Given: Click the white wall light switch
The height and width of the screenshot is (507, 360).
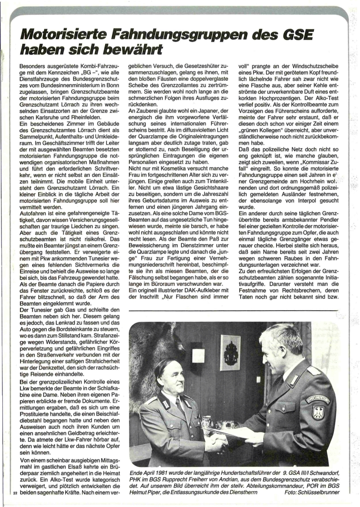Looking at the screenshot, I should pyautogui.click(x=198, y=355).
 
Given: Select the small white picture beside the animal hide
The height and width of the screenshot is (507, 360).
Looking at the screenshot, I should pyautogui.click(x=198, y=355).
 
